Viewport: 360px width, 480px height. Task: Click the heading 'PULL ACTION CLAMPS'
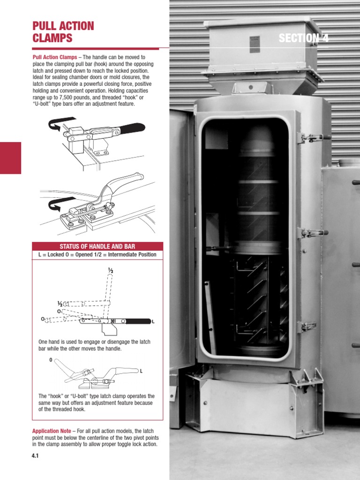63,32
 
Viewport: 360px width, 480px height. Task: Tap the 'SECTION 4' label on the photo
303,38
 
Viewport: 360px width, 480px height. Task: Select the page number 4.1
35,456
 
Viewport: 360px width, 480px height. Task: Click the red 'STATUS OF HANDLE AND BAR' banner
97,247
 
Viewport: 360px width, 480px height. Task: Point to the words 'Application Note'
52,431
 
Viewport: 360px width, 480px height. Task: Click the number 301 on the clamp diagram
113,321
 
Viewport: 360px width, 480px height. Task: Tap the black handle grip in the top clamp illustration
132,128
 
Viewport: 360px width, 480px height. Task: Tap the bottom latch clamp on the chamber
307,327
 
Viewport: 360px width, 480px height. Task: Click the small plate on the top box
255,44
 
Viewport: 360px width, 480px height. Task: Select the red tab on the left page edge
10,158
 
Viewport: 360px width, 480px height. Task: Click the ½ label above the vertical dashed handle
111,270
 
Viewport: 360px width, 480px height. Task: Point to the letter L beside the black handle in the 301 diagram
153,322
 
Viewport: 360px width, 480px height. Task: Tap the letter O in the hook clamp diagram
51,360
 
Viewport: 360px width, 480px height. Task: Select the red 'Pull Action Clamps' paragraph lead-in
55,57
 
